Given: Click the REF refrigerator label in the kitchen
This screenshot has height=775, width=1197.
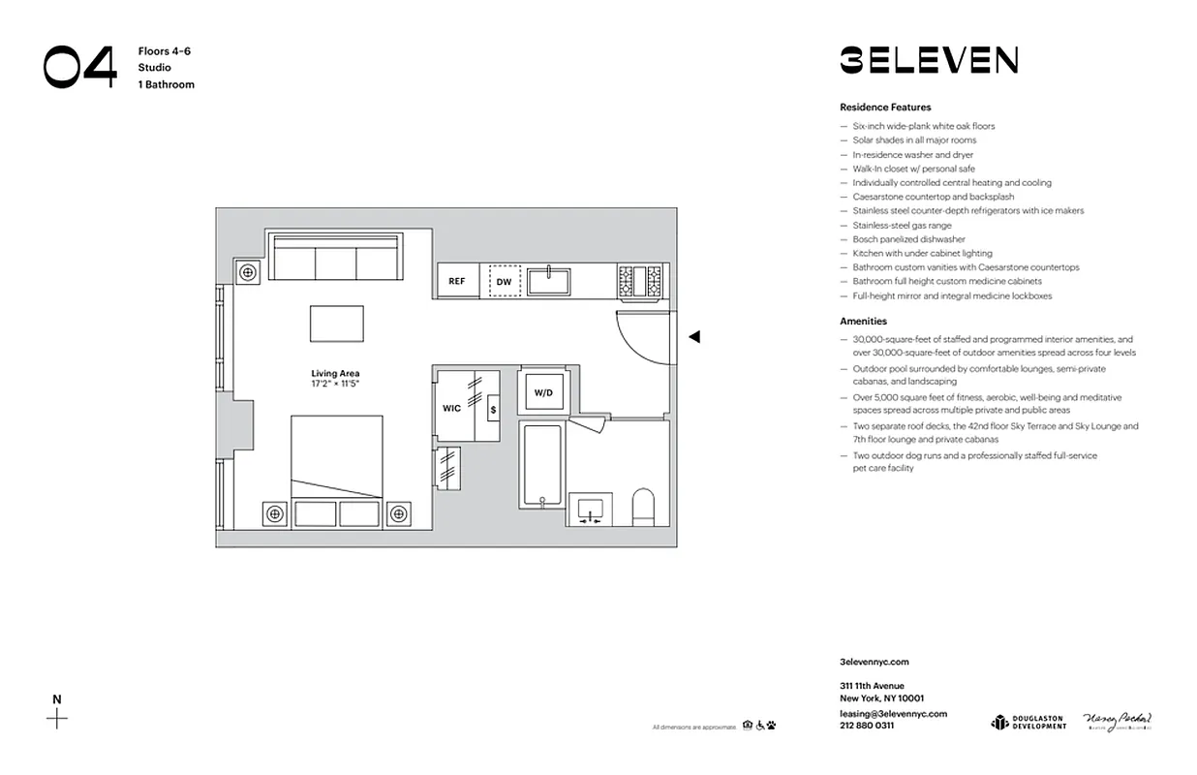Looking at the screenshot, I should (456, 282).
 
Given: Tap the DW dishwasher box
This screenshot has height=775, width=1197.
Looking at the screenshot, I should (504, 282).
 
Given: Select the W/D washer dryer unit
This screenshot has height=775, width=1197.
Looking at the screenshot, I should (543, 393).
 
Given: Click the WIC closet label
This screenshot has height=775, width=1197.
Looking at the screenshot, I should (451, 408).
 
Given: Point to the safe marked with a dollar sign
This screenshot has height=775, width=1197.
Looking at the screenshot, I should (493, 410).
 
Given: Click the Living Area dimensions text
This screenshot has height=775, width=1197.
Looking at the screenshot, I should (335, 385).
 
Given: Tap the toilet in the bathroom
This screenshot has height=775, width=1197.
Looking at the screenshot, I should (643, 506).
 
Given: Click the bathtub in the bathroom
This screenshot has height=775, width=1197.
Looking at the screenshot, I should (540, 465).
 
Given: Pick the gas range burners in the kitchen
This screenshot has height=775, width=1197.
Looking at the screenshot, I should (639, 281).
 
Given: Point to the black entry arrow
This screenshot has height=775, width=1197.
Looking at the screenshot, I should (693, 337).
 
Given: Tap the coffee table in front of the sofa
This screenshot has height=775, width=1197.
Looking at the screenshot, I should (336, 324).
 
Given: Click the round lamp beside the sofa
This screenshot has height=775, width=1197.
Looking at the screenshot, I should (248, 273).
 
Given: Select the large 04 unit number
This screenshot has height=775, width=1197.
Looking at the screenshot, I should (79, 67).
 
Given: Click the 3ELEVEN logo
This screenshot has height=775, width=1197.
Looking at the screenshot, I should (928, 60).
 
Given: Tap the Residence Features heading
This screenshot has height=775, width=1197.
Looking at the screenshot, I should (885, 108).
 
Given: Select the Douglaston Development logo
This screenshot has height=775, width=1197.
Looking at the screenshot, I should (1028, 722).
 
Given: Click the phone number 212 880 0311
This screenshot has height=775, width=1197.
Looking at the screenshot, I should (867, 726).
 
